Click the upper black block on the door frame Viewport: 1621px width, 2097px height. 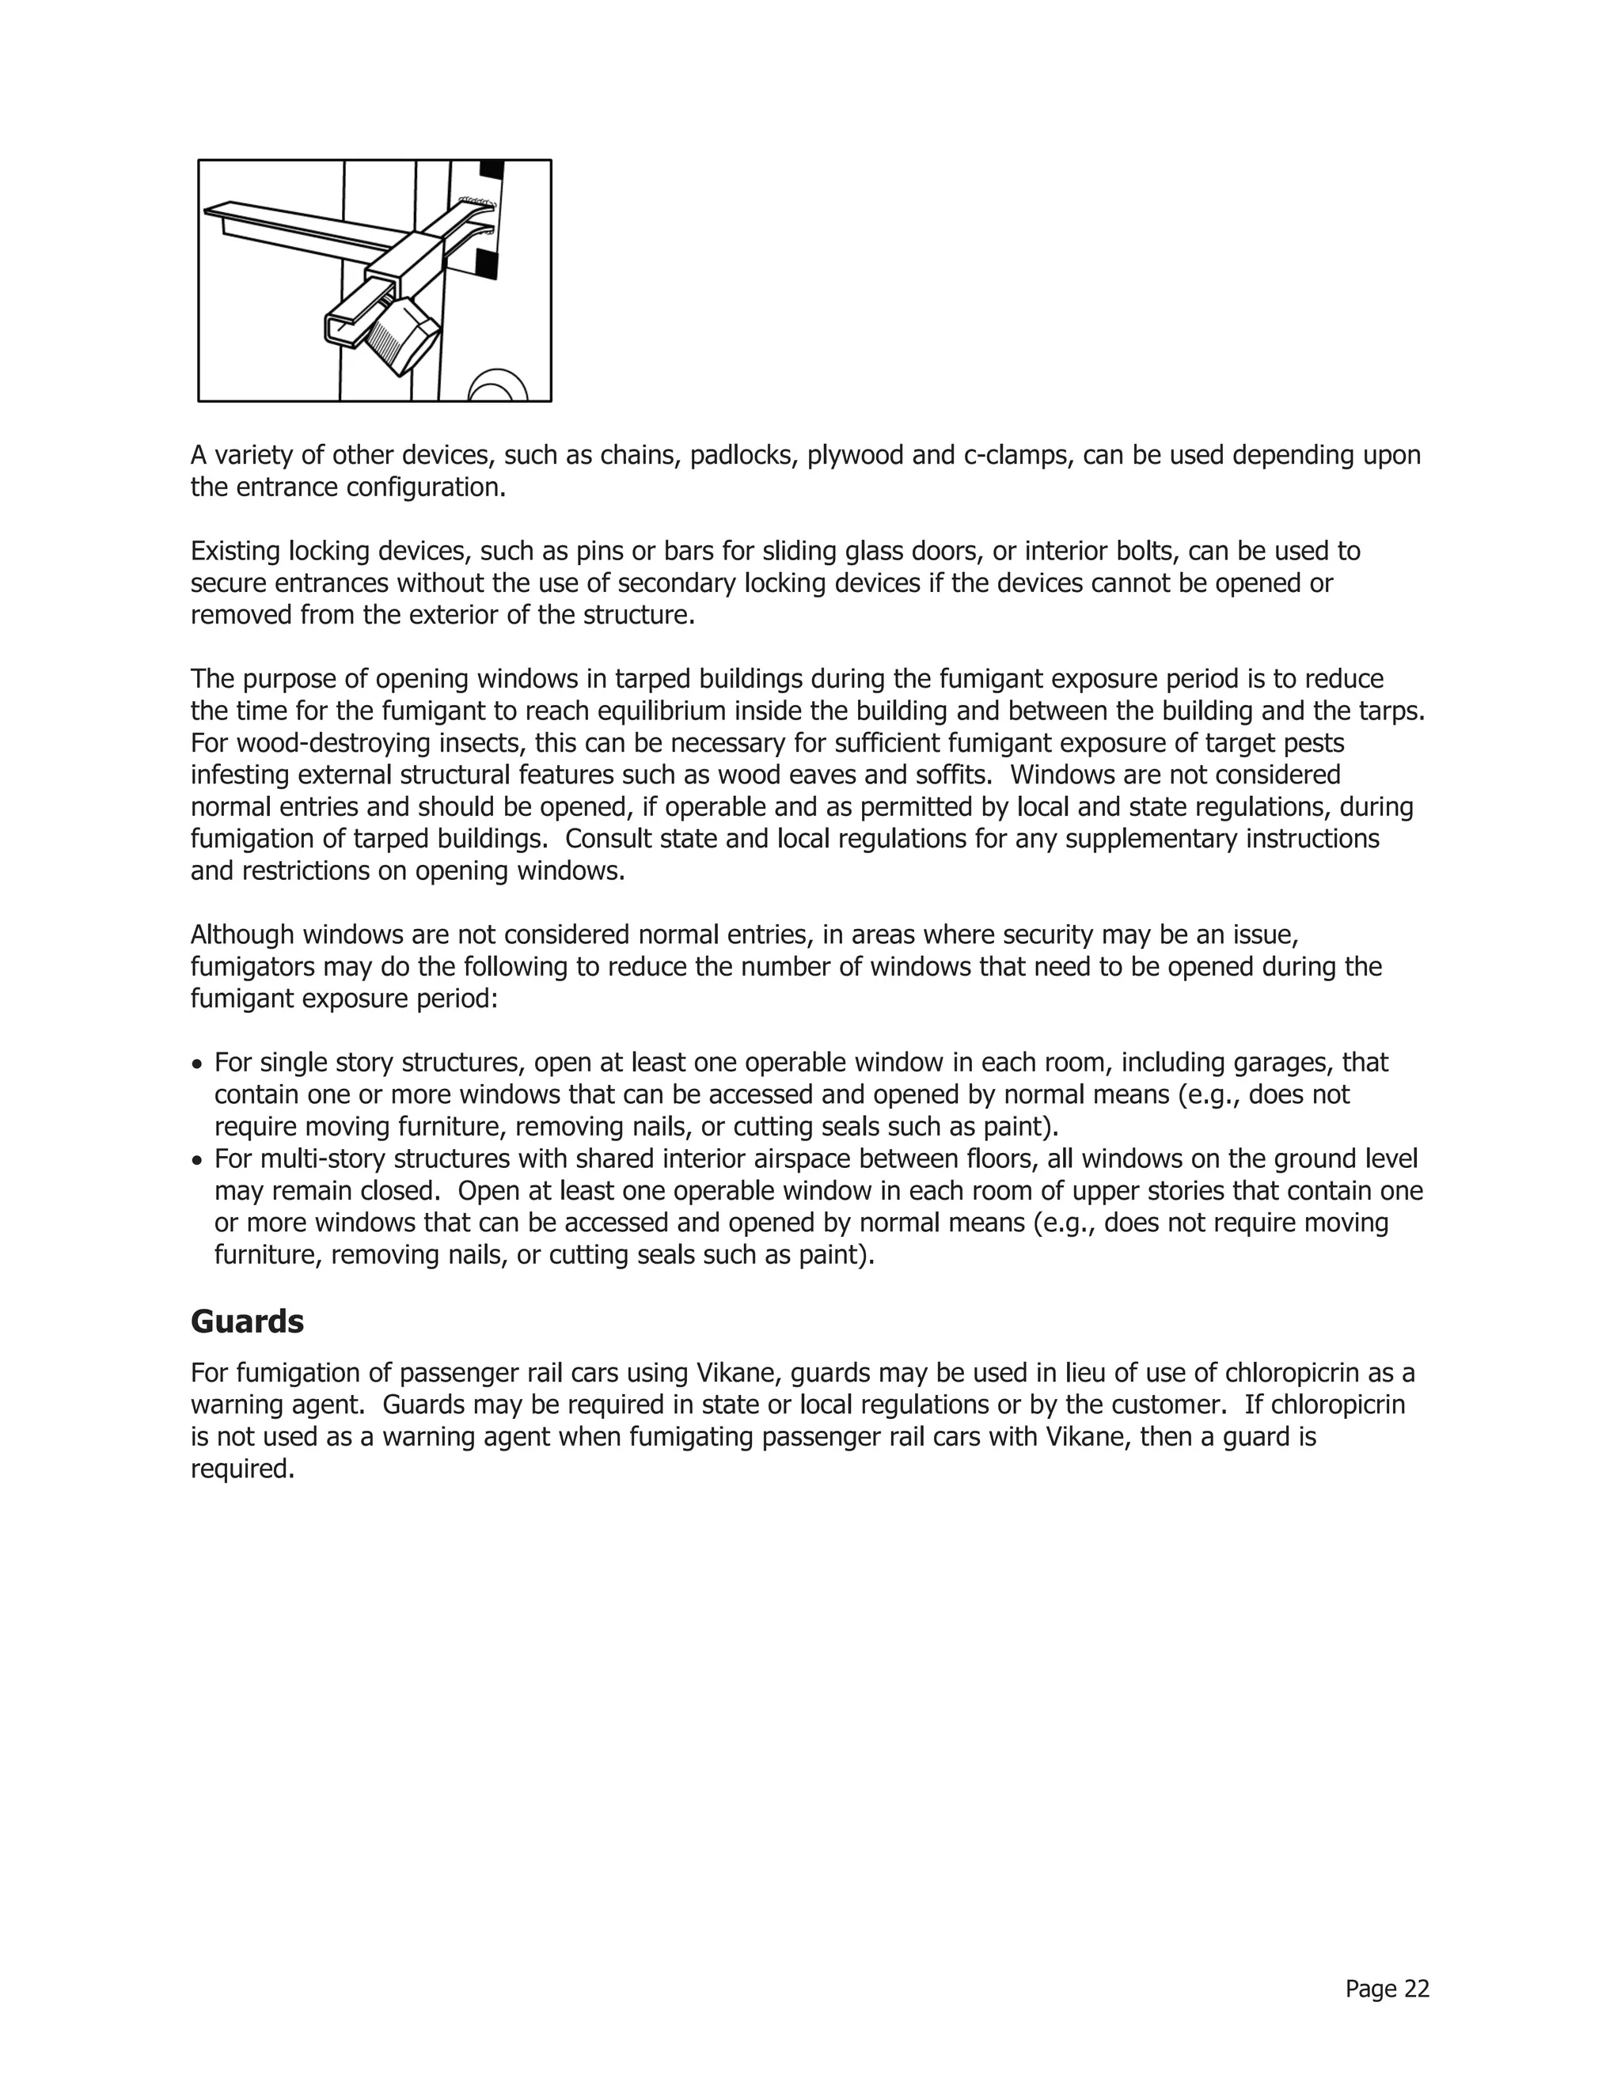[492, 170]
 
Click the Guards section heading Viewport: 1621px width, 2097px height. [247, 1322]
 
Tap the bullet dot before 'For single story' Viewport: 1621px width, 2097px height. [197, 1065]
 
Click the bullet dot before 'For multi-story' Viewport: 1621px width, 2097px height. [197, 1161]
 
